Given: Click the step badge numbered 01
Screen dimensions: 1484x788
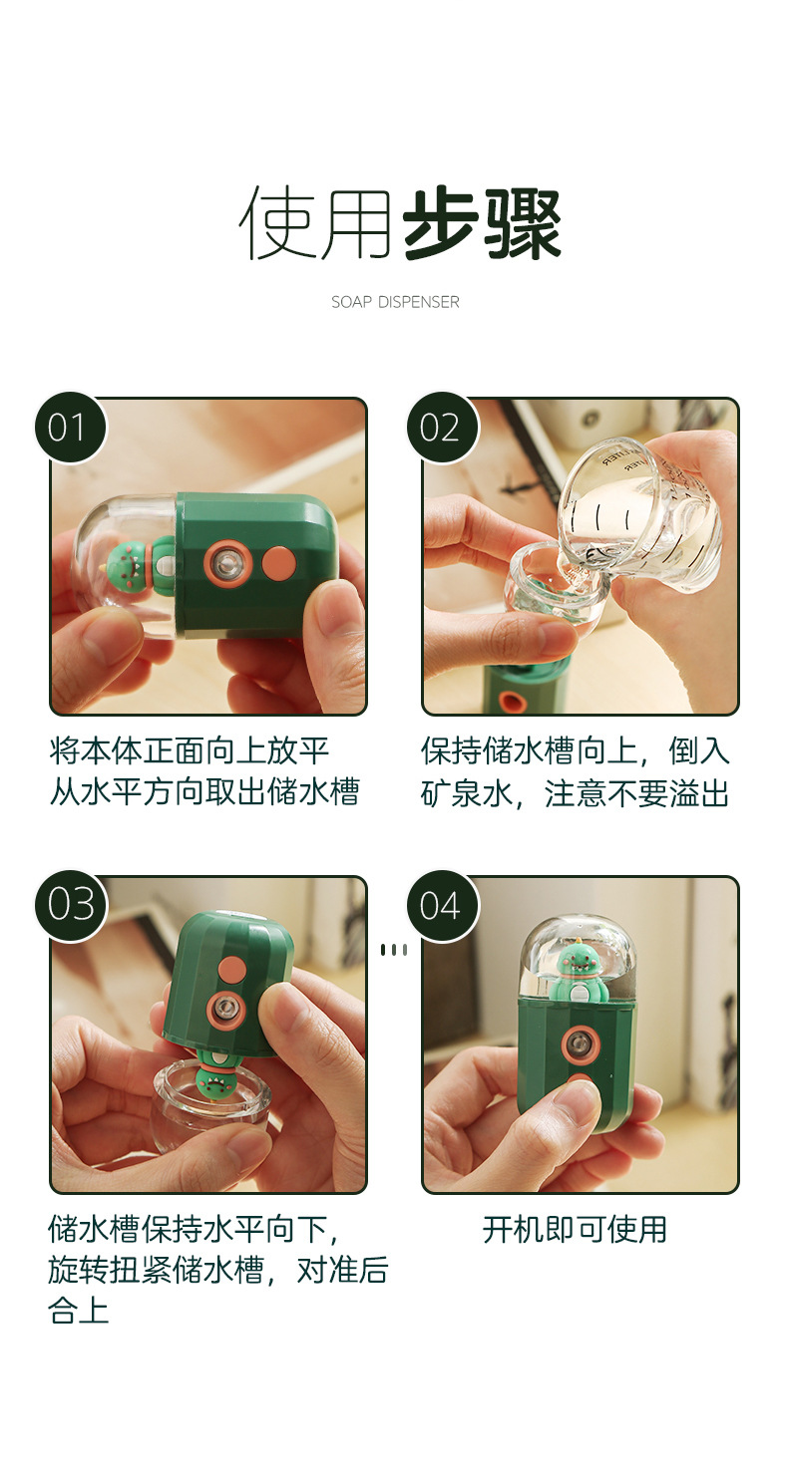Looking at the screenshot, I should point(70,428).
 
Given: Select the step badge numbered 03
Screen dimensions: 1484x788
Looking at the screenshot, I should point(70,905).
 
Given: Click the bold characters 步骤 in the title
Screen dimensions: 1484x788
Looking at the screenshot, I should point(482,223).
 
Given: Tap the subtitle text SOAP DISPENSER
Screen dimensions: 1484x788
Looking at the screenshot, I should point(395,302).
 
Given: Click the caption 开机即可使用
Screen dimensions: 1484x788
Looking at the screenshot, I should point(575,1229).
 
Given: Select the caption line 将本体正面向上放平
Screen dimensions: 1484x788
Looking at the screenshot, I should point(190,750).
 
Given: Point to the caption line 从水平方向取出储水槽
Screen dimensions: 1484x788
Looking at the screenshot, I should point(204,793).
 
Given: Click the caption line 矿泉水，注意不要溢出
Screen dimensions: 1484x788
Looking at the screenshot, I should point(575,793).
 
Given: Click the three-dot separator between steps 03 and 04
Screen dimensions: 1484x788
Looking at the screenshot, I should point(394,950).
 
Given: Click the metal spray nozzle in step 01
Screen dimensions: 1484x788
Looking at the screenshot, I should point(226,565).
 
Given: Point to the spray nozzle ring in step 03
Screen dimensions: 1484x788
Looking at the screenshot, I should point(226,1010).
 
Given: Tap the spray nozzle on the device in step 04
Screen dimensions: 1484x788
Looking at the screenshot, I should point(580,1044).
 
